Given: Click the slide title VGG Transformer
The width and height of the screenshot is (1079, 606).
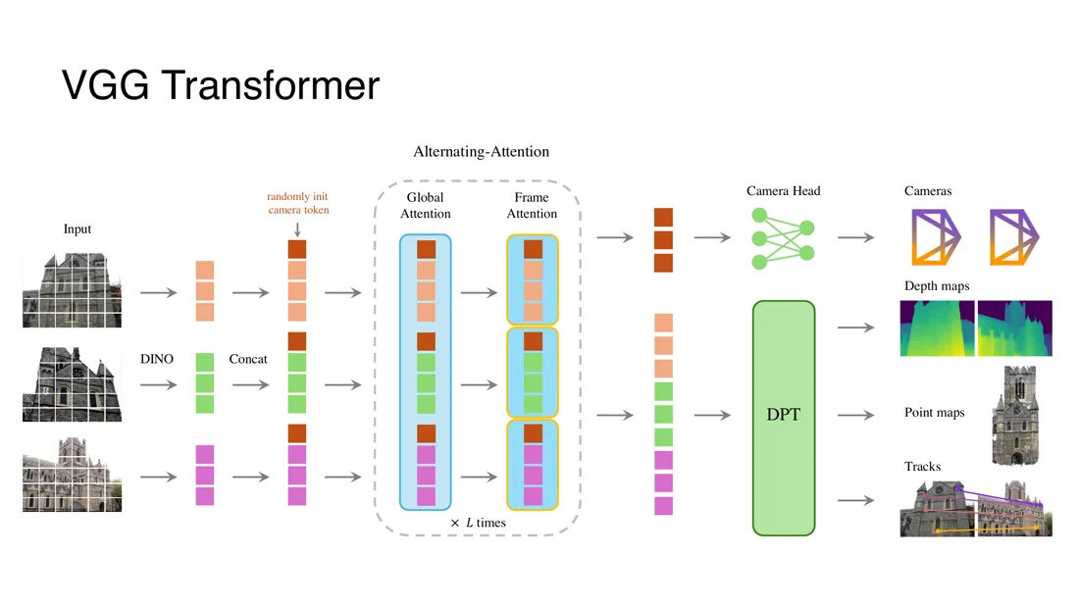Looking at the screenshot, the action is coord(220,85).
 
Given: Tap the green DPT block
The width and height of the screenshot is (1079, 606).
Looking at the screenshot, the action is coord(783,418).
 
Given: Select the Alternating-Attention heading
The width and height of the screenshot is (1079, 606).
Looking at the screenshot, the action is coord(481,151).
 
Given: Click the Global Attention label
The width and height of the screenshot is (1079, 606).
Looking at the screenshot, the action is coord(426,205).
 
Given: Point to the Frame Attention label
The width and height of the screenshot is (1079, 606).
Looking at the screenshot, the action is coord(532,205).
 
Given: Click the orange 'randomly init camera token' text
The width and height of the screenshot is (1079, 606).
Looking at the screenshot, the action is coord(298,203).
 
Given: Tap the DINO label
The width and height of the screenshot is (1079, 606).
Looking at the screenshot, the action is coord(157,358).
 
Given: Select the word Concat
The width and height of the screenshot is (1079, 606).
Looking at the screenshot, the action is coord(248,358).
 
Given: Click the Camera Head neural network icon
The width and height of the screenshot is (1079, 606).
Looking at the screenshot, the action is coord(783,238).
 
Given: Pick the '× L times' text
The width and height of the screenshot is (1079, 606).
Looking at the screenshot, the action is coord(479,523).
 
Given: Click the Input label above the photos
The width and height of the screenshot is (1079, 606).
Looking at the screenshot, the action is coord(77,229).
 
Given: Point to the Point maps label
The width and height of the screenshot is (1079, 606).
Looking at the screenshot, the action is coord(934,412).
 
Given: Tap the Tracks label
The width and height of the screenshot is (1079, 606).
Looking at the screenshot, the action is coord(922,467).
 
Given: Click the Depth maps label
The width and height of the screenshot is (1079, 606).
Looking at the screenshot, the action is coord(937,285).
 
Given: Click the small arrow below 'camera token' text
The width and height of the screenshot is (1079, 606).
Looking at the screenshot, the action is coord(297,229).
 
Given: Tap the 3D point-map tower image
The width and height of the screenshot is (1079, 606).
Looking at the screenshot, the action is coord(1014,416).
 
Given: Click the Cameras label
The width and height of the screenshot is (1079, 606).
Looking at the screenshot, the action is coord(928,190).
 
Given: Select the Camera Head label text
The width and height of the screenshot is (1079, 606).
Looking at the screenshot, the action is coord(783,190).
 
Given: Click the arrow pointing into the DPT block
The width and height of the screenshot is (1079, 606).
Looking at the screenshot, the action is coord(712,415).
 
